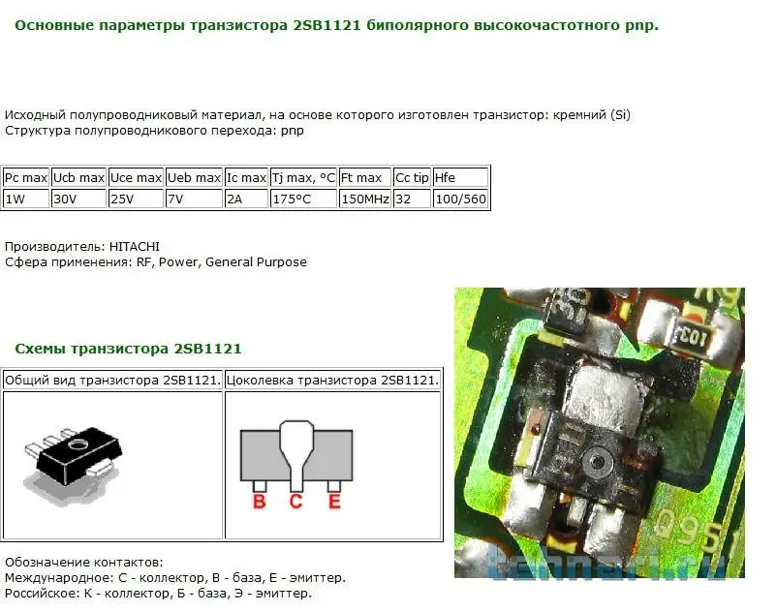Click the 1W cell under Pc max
tap(26, 199)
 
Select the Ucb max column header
tap(78, 178)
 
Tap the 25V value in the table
tap(136, 199)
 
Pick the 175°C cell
tap(303, 199)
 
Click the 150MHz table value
tap(365, 199)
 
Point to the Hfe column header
tap(460, 178)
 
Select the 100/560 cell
tap(460, 199)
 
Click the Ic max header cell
tap(246, 178)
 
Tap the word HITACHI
tap(135, 247)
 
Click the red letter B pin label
tap(260, 502)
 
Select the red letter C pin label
tap(295, 502)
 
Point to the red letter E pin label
tap(334, 502)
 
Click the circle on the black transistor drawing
tap(77, 444)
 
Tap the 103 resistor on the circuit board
tap(692, 338)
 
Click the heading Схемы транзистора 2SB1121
tap(128, 349)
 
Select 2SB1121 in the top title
tap(326, 25)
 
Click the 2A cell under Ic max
tap(246, 199)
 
